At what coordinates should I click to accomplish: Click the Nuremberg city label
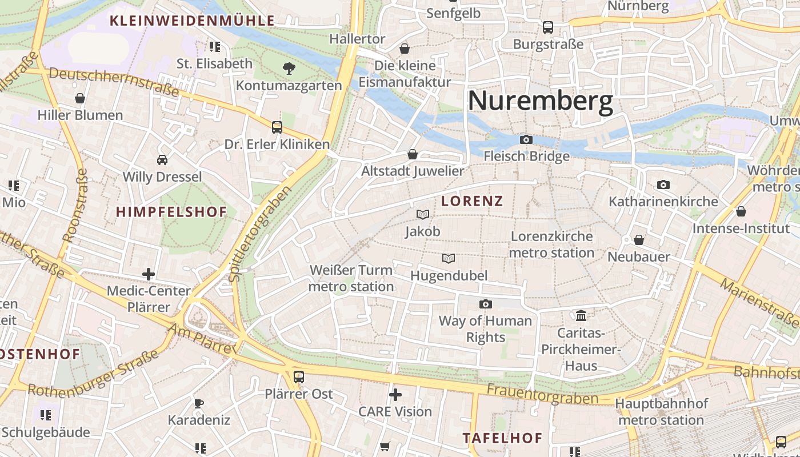[x=540, y=101]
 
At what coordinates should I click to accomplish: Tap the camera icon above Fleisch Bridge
[x=526, y=140]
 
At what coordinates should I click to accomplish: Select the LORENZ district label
[x=472, y=201]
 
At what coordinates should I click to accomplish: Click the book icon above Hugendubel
[x=449, y=259]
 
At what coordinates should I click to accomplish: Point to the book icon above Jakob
[x=423, y=214]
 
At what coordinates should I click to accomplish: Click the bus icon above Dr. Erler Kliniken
[x=277, y=127]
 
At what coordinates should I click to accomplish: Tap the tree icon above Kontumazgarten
[x=289, y=69]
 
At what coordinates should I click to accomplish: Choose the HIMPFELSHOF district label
[x=171, y=212]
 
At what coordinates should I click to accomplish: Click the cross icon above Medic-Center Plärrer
[x=149, y=274]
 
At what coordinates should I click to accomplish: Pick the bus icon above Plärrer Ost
[x=298, y=376]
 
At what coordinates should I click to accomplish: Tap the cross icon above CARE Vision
[x=395, y=394]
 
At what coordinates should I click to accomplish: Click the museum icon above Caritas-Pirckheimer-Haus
[x=581, y=315]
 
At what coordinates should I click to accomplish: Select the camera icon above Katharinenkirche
[x=663, y=185]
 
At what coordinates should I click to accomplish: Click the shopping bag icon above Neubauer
[x=639, y=240]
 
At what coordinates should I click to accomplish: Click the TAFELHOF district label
[x=502, y=438]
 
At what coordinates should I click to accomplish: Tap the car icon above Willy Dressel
[x=162, y=160]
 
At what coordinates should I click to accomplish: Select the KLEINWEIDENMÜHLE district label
[x=192, y=21]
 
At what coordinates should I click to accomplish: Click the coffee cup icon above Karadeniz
[x=199, y=403]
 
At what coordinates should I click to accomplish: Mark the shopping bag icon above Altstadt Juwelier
[x=413, y=154]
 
